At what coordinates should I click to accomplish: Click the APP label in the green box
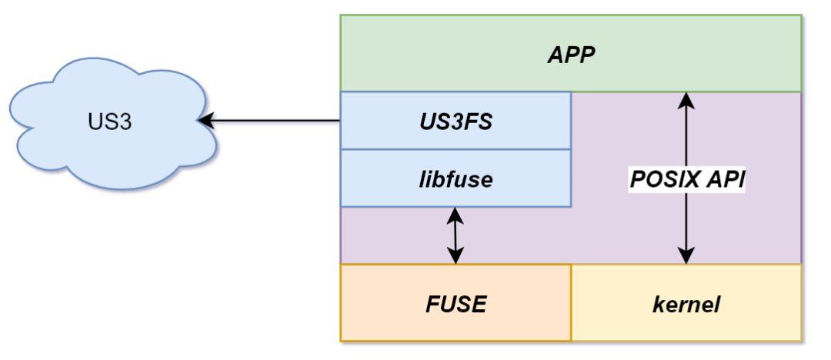pos(571,55)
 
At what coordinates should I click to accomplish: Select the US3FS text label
pos(456,122)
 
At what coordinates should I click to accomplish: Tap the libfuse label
pos(456,179)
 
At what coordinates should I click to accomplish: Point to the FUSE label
pos(456,304)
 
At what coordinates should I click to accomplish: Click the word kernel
pos(686,304)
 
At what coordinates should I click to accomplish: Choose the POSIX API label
pos(687,178)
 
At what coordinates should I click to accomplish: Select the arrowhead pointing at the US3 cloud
pos(205,121)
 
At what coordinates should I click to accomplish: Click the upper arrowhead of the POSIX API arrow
pos(686,98)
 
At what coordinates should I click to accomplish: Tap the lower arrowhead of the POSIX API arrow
pos(686,257)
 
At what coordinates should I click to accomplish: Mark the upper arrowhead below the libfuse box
pos(456,215)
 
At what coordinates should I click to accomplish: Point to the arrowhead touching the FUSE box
pos(456,257)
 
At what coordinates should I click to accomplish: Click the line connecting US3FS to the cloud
pos(277,121)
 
